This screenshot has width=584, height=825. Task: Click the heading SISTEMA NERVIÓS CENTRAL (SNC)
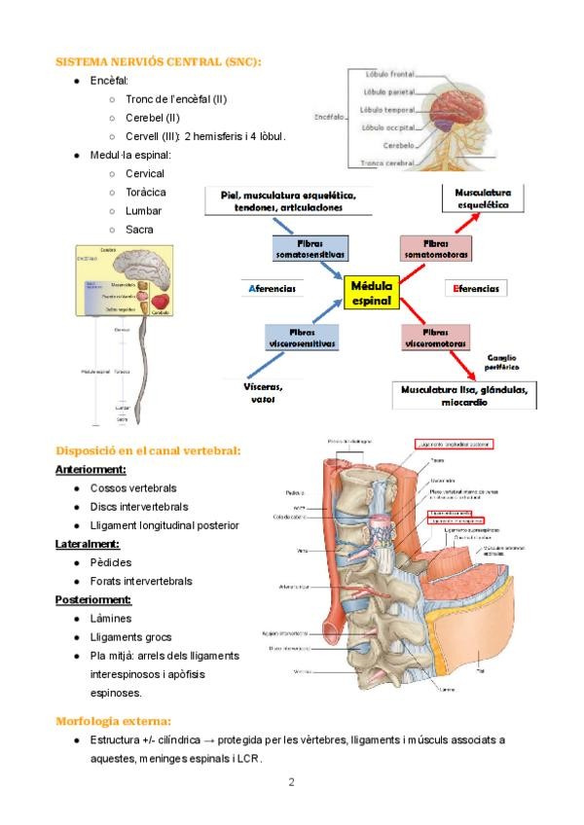[159, 61]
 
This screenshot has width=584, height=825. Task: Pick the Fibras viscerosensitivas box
[300, 338]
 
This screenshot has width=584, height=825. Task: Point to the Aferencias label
[271, 289]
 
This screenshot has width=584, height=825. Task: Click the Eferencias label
[476, 289]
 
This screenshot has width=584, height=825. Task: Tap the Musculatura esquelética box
[483, 198]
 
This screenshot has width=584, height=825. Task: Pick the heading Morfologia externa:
[114, 721]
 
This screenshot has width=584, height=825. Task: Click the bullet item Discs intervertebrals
[139, 507]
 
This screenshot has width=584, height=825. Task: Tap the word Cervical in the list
[145, 173]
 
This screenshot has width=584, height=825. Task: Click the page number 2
[291, 781]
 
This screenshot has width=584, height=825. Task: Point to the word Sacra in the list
[139, 230]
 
